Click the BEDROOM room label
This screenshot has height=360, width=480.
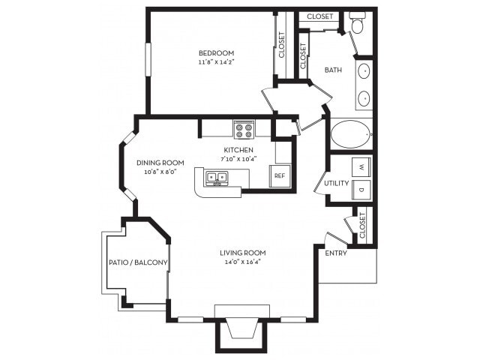tap(216, 52)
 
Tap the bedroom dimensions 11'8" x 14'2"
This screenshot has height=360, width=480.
tap(216, 63)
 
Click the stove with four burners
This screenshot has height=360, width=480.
tap(244, 129)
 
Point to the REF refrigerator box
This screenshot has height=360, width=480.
tap(279, 175)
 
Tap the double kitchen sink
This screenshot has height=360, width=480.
tap(218, 178)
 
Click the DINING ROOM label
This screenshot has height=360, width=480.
tap(160, 163)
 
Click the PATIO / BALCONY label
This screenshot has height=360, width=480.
tap(138, 262)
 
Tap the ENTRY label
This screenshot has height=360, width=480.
tap(335, 253)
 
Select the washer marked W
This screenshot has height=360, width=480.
tap(362, 166)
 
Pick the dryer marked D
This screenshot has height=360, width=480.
tap(362, 190)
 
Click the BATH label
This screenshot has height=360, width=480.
tap(333, 70)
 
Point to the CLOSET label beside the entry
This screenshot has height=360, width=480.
tap(362, 226)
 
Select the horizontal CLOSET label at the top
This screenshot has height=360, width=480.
tap(320, 16)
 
